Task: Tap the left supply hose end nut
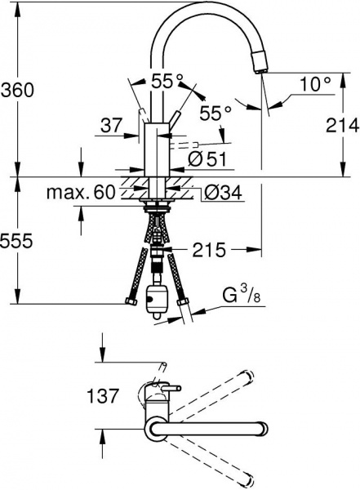(x=131, y=305)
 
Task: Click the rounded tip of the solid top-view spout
(x=261, y=430)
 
